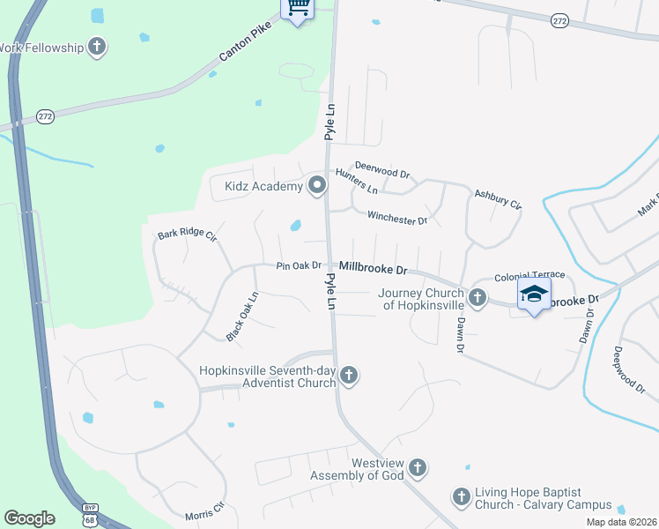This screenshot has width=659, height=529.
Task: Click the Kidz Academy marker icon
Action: pyautogui.click(x=316, y=185)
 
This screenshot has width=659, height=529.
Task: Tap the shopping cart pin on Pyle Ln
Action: pyautogui.click(x=298, y=9)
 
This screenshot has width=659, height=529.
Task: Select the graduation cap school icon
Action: pyautogui.click(x=534, y=294)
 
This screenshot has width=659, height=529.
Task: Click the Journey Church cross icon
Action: pyautogui.click(x=478, y=298)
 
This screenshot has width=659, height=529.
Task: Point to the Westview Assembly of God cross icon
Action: pyautogui.click(x=418, y=468)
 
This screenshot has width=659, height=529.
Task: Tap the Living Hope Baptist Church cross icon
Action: pyautogui.click(x=461, y=497)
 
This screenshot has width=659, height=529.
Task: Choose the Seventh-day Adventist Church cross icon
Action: pyautogui.click(x=349, y=376)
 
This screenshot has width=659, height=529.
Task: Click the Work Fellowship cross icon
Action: pyautogui.click(x=97, y=47)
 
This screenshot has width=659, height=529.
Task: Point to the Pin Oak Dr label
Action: pyautogui.click(x=298, y=265)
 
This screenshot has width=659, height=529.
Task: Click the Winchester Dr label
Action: pyautogui.click(x=396, y=217)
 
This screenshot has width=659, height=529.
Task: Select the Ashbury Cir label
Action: pyautogui.click(x=498, y=199)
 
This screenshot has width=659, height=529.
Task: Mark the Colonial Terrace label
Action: pyautogui.click(x=528, y=277)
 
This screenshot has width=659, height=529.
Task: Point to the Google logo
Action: pyautogui.click(x=29, y=518)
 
